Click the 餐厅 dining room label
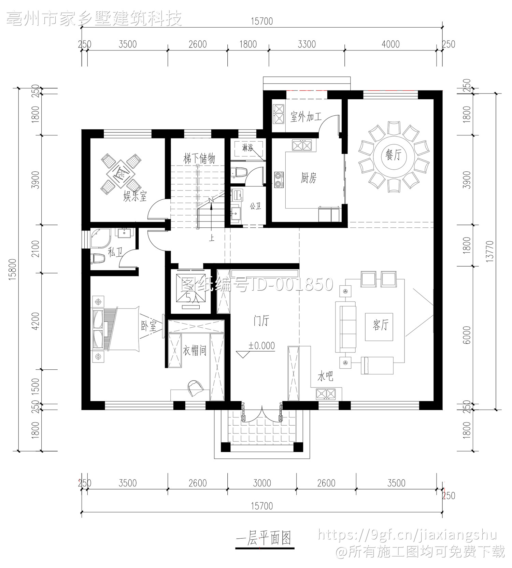[x=393, y=155]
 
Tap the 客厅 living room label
[x=380, y=325]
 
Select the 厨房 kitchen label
[x=309, y=178]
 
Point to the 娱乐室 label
[x=135, y=196]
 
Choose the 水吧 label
[x=325, y=377]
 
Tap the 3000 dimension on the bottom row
[x=262, y=483]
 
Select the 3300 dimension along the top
[x=307, y=44]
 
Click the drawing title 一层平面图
[x=264, y=538]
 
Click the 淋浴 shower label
[x=247, y=148]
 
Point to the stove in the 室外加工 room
[x=279, y=113]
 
